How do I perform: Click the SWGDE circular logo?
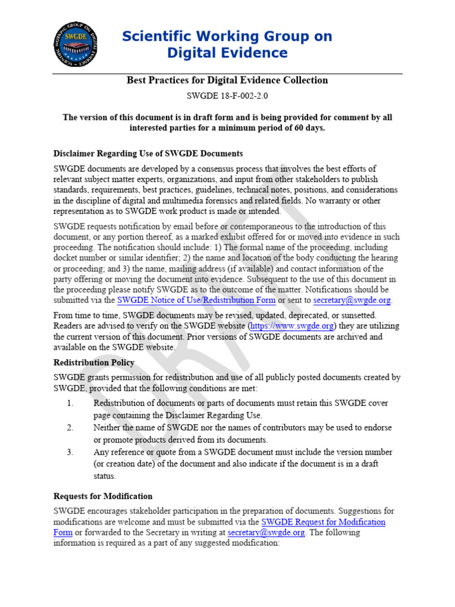(75, 43)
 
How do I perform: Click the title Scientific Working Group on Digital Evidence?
(227, 44)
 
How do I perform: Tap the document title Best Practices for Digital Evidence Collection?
(227, 80)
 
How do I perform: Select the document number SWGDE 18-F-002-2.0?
(227, 95)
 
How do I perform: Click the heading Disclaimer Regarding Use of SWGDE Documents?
(148, 154)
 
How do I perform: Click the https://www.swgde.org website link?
(293, 326)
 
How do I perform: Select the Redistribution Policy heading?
(94, 362)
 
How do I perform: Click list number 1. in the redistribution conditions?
(70, 403)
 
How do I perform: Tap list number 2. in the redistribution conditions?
(70, 427)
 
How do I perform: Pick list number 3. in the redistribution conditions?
(70, 452)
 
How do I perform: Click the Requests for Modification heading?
(102, 496)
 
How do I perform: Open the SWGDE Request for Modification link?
(323, 522)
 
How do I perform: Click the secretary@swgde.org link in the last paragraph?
(266, 532)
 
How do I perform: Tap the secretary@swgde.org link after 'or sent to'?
(352, 301)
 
